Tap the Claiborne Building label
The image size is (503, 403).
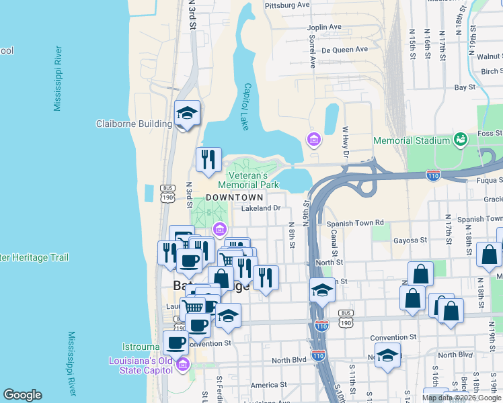click(x=134, y=124)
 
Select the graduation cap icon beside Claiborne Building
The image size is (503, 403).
click(x=187, y=114)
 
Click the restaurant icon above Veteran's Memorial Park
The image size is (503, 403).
click(x=208, y=159)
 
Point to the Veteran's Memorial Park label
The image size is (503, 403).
click(x=248, y=180)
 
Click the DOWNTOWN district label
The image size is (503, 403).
click(x=234, y=197)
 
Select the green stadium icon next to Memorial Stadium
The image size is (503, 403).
click(x=461, y=140)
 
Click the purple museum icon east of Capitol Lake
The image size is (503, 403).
click(x=313, y=140)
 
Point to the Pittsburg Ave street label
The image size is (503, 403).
click(x=287, y=5)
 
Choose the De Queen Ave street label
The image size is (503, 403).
click(x=344, y=49)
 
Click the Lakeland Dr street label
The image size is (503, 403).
click(x=260, y=208)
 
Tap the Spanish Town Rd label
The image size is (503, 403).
click(x=354, y=222)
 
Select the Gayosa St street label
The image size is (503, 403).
click(x=410, y=240)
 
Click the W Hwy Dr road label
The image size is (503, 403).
click(x=346, y=142)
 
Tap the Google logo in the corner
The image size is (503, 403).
click(x=22, y=395)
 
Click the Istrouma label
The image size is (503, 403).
click(x=141, y=347)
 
